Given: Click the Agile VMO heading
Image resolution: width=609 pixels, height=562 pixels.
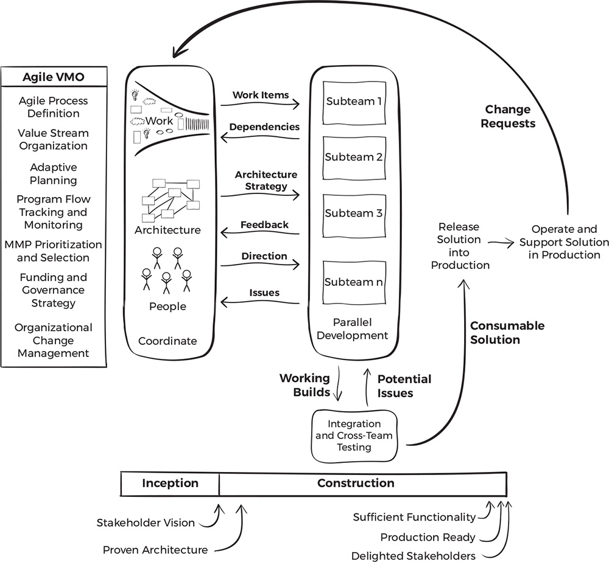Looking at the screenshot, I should click(55, 77).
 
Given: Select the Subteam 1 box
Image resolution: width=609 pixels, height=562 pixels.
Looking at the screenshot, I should click(353, 102).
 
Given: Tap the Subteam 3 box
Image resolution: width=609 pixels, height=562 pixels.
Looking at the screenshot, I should click(353, 213).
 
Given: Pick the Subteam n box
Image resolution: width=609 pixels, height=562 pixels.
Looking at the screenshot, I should click(353, 282).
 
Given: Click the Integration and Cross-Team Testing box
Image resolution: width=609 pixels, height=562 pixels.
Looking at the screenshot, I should click(354, 435).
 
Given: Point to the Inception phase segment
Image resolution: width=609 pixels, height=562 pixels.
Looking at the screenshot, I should click(171, 484).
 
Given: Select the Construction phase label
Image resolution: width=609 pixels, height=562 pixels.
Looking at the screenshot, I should click(356, 484).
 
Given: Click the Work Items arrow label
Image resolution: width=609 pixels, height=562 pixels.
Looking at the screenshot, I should click(260, 95).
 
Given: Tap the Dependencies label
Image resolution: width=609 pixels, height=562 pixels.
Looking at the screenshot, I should click(265, 127).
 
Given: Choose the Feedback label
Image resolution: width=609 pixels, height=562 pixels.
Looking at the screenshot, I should click(264, 224).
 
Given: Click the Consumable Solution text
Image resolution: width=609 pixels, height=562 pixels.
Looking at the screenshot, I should click(507, 333).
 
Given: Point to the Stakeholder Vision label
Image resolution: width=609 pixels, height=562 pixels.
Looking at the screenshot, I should click(146, 522).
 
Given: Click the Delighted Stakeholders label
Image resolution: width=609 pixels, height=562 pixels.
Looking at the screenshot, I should click(414, 555).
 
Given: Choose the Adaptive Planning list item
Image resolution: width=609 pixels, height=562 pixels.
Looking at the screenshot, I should click(54, 173).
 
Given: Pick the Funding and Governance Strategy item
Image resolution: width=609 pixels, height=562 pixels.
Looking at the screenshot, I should click(54, 290).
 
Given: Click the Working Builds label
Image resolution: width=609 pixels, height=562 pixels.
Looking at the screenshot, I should click(304, 386).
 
